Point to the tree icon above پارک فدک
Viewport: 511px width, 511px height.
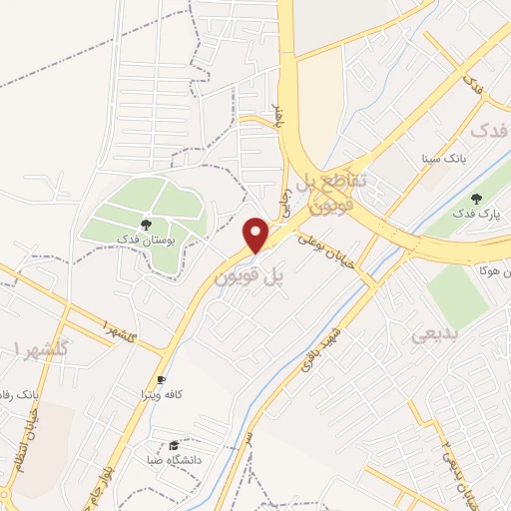(x=476, y=198)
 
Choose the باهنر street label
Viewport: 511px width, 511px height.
(x=283, y=128)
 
